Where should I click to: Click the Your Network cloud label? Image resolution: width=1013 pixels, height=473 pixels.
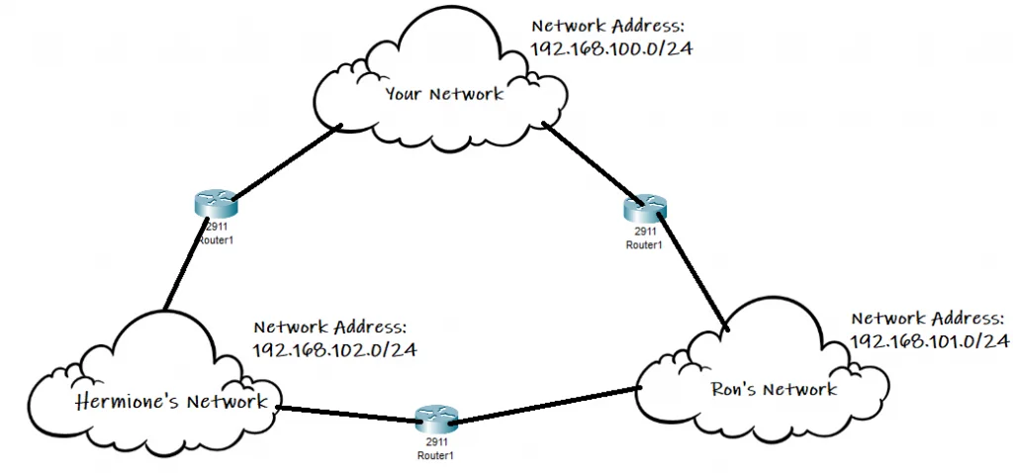(444, 94)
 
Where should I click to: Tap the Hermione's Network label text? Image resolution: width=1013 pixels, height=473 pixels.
(171, 402)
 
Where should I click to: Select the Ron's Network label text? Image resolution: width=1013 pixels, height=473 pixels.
(774, 389)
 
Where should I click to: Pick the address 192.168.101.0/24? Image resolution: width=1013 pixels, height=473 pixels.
(929, 341)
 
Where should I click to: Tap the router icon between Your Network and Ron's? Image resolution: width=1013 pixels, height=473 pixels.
(645, 209)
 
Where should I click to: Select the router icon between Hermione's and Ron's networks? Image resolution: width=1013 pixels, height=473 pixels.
(432, 419)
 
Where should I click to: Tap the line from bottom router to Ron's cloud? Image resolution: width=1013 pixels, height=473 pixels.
(544, 404)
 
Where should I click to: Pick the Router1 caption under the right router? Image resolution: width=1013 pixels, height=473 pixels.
(644, 243)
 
